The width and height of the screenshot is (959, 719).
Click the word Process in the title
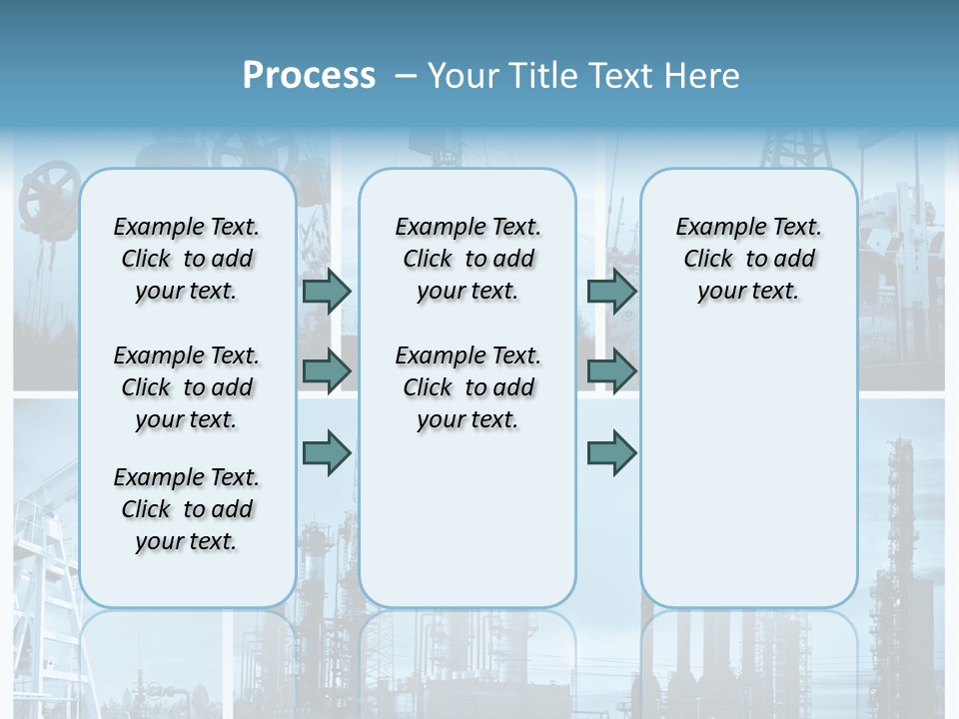[x=309, y=75]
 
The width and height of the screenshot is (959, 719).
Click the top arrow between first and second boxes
[x=327, y=291]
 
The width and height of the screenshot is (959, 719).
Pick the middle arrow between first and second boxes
[x=327, y=371]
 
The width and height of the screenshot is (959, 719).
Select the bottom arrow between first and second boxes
[x=327, y=452]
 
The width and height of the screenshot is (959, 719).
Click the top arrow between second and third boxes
[x=611, y=291]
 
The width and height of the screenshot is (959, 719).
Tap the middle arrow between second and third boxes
[x=611, y=371]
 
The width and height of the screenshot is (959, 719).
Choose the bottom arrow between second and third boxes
[x=611, y=452]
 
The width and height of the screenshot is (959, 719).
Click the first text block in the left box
[x=187, y=259]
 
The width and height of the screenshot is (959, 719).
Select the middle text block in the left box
[x=187, y=387]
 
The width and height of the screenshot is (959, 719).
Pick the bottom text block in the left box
[x=187, y=509]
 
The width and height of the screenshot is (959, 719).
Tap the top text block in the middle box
[x=468, y=259]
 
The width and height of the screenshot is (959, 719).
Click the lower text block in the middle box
[x=468, y=387]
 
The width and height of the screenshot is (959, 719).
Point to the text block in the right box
[x=748, y=259]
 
